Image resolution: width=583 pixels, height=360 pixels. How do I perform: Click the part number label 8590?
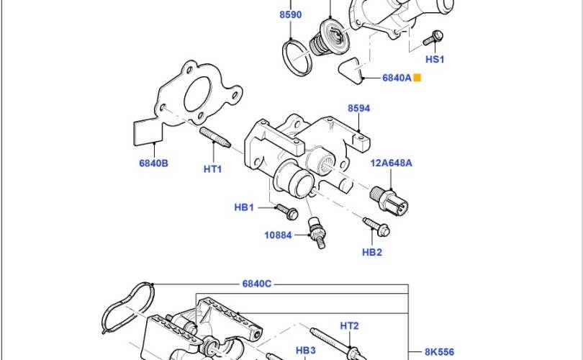point(290,14)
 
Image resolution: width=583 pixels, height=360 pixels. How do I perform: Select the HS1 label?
point(435,59)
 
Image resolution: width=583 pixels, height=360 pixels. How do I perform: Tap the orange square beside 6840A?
point(417,78)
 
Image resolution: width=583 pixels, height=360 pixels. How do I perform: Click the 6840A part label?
point(397,78)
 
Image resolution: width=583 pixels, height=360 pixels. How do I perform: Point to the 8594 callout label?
point(359,108)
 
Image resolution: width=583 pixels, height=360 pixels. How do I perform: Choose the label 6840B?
point(153,163)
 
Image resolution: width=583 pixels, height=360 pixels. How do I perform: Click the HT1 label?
point(212,169)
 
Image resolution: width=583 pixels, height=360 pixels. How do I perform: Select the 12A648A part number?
point(391,163)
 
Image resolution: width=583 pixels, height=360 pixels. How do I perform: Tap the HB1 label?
point(244,207)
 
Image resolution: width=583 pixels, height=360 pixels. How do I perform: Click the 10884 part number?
point(278,235)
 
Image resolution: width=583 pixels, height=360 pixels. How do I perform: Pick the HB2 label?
point(372,252)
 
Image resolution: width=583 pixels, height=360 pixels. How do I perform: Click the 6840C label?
point(256,284)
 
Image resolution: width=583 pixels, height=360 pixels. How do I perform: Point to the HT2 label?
point(349,325)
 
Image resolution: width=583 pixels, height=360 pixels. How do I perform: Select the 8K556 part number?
point(439,352)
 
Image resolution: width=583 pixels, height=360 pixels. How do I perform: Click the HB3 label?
point(306,351)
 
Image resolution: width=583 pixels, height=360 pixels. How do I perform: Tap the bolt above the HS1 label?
point(433,37)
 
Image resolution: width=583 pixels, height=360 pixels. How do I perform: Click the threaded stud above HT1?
point(215,137)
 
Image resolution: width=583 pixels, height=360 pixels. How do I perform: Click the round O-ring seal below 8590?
point(297,58)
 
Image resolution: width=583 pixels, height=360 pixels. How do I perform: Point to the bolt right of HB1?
point(286,212)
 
